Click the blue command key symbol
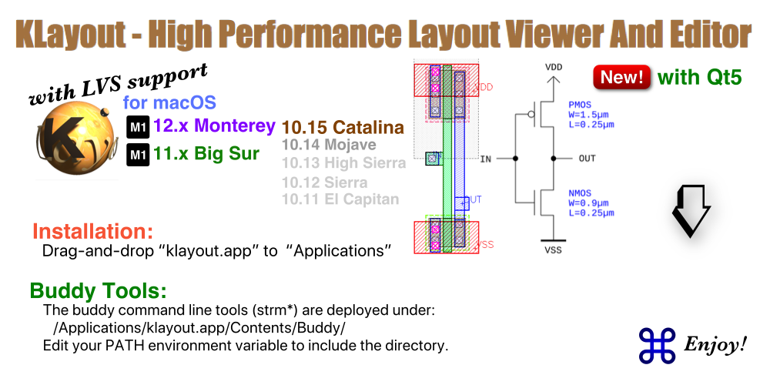click(x=657, y=345)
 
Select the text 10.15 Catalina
click(x=343, y=127)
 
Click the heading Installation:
click(x=92, y=231)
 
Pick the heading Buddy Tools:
click(x=99, y=291)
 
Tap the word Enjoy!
click(x=715, y=345)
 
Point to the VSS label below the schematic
click(x=553, y=250)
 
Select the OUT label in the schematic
click(x=587, y=159)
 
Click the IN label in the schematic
click(x=485, y=159)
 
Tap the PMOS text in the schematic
click(x=580, y=105)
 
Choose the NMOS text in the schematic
click(x=580, y=194)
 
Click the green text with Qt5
click(x=699, y=78)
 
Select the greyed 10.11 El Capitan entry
click(x=340, y=199)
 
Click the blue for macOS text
click(x=169, y=102)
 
